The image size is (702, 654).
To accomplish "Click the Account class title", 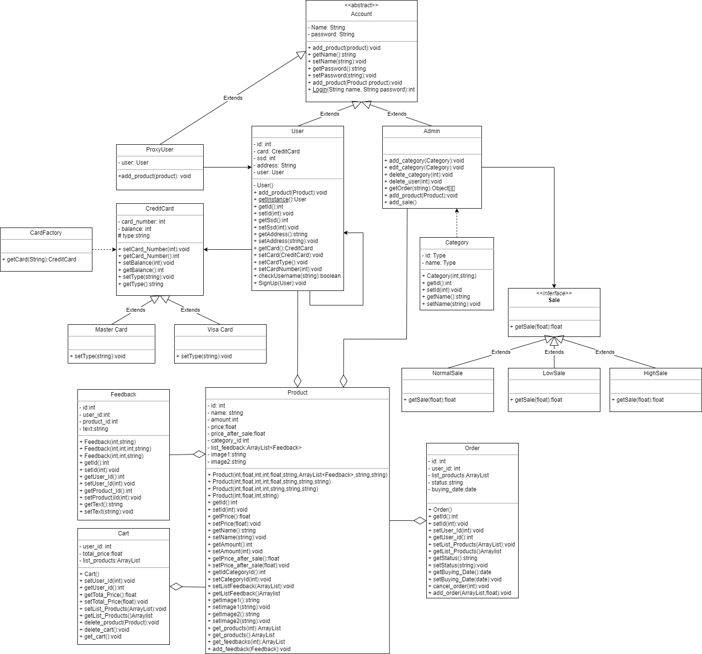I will point(361,14).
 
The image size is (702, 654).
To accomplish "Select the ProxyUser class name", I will point(160,150).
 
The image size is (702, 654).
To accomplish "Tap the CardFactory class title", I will point(46,233).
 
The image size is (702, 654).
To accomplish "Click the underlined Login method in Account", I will point(319,90).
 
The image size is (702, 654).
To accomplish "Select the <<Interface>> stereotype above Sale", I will point(554,293).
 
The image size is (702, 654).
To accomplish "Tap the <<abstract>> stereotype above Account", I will point(361,5).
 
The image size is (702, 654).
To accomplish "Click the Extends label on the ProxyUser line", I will point(233,98).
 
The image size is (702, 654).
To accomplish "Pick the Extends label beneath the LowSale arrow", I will point(554,352).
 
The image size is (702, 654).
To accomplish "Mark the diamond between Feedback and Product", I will point(199,454).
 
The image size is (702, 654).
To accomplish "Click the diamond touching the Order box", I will point(420,521).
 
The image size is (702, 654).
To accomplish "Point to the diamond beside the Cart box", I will point(176,587).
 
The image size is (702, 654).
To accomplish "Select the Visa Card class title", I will point(220,330).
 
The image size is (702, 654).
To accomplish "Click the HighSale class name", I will point(656,373).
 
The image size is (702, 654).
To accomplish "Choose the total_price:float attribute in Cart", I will point(102,554).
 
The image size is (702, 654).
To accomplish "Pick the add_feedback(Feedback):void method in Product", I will point(251,649).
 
